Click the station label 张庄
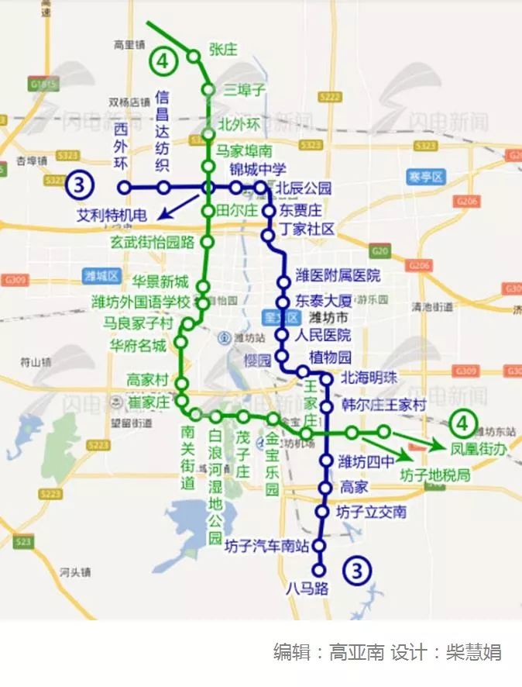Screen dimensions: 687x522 click(x=223, y=50)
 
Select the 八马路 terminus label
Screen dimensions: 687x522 click(x=307, y=588)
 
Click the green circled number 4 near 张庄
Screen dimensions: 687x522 click(x=163, y=60)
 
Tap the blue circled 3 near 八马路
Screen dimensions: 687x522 click(x=356, y=571)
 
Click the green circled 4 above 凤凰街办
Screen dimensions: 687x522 click(x=462, y=423)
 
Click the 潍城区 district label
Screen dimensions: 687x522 click(x=101, y=275)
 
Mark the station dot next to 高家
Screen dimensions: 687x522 click(x=325, y=488)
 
